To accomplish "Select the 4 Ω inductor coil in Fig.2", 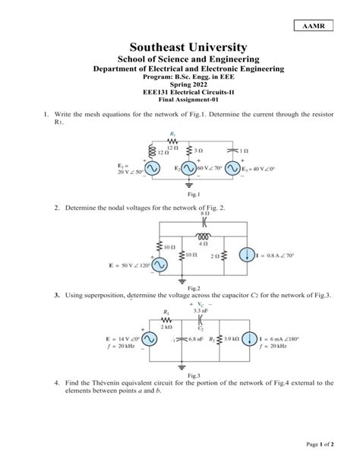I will pos(203,237).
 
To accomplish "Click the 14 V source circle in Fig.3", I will pos(147,341).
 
